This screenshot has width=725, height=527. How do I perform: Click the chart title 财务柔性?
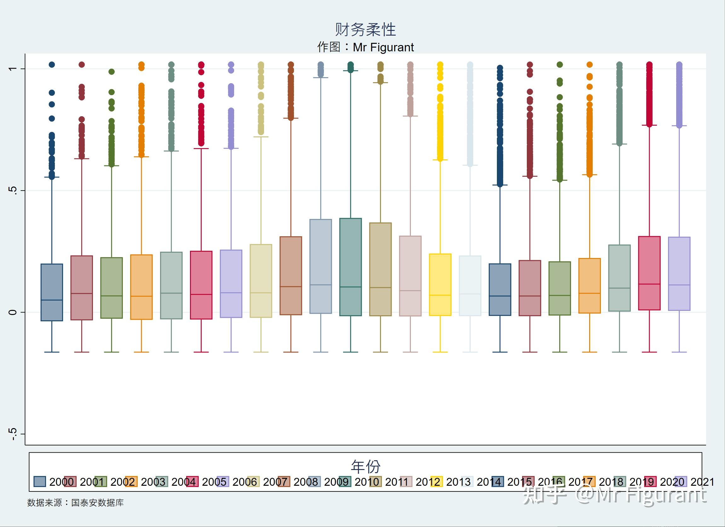click(x=365, y=30)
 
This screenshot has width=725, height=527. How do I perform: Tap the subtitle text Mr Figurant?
click(x=383, y=47)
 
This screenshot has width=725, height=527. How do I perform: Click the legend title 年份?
click(x=365, y=467)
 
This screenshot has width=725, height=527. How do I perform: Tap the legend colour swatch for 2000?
click(x=40, y=482)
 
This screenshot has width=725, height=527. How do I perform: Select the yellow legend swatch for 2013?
click(x=436, y=482)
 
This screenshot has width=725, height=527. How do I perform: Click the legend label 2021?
click(x=702, y=482)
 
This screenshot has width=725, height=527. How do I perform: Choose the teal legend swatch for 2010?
click(x=345, y=482)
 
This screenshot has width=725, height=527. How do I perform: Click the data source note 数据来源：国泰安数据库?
click(x=75, y=503)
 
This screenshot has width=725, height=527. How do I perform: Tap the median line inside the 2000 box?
click(x=52, y=300)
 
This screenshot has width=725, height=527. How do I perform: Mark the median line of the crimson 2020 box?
click(x=649, y=284)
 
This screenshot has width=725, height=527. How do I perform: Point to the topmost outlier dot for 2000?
click(x=52, y=65)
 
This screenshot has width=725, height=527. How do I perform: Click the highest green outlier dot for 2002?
click(x=112, y=72)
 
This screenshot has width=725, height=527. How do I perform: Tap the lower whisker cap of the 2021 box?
click(x=679, y=352)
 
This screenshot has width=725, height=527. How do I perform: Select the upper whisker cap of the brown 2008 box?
click(x=291, y=118)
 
